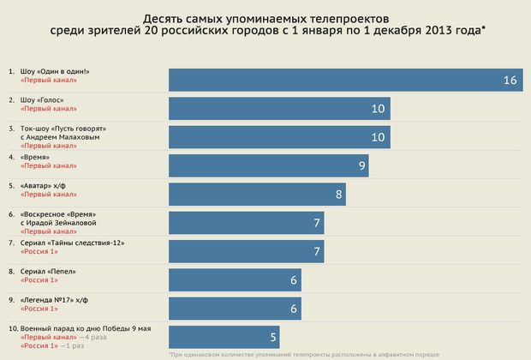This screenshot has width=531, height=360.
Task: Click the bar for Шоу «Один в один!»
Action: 343,80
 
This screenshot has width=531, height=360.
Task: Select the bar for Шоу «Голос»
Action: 279,109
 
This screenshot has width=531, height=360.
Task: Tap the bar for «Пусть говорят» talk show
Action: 279,137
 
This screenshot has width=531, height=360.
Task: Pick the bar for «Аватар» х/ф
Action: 257,194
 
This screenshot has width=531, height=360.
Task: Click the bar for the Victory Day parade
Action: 224,337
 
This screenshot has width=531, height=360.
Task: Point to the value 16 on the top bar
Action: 510,81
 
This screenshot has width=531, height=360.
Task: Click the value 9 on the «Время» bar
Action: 362,166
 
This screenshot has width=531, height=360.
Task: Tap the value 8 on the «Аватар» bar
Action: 340,195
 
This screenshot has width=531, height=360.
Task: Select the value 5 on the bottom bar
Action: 272,338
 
